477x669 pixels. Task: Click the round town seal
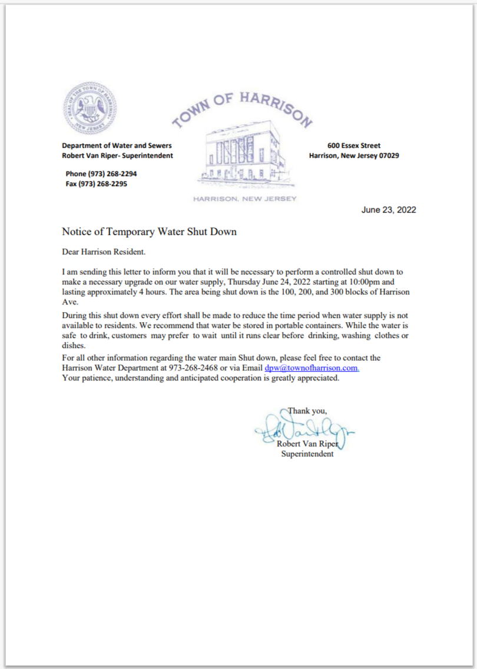pyautogui.click(x=89, y=110)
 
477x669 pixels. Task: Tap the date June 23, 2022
pyautogui.click(x=389, y=210)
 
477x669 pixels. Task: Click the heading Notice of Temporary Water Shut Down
pyautogui.click(x=150, y=231)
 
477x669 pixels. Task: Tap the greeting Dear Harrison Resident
pyautogui.click(x=104, y=252)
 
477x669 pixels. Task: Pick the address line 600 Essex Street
pyautogui.click(x=354, y=145)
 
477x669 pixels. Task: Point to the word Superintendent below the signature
pyautogui.click(x=307, y=454)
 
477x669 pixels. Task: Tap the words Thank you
pyautogui.click(x=307, y=410)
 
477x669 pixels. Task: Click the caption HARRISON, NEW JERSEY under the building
pyautogui.click(x=245, y=199)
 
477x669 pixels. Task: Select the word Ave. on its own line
pyautogui.click(x=70, y=301)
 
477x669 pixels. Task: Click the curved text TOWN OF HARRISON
pyautogui.click(x=241, y=108)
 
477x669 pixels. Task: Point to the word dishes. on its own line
pyautogui.click(x=74, y=346)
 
